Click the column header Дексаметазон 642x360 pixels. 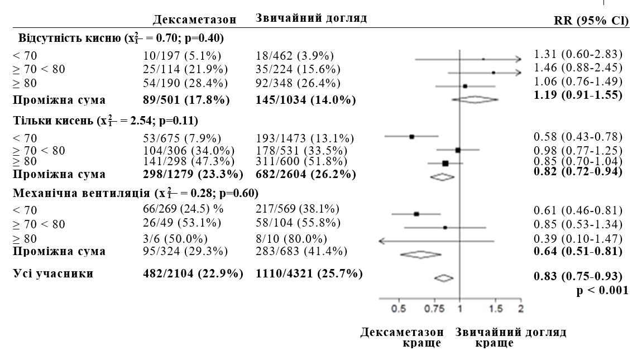click(x=195, y=20)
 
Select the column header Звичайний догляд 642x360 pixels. click(x=311, y=18)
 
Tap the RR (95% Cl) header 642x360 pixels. click(x=591, y=21)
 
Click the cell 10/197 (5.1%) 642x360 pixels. click(x=181, y=55)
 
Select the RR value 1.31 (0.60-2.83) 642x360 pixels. click(x=578, y=54)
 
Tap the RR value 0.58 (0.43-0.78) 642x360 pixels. click(x=578, y=137)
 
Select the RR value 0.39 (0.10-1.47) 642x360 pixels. click(x=578, y=239)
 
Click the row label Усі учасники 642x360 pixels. click(x=55, y=274)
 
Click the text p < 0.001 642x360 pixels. click(x=602, y=290)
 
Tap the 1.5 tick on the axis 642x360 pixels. click(x=495, y=309)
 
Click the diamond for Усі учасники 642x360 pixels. click(x=444, y=277)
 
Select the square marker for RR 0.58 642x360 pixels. click(x=411, y=136)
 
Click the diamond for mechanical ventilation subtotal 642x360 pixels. click(x=421, y=254)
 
